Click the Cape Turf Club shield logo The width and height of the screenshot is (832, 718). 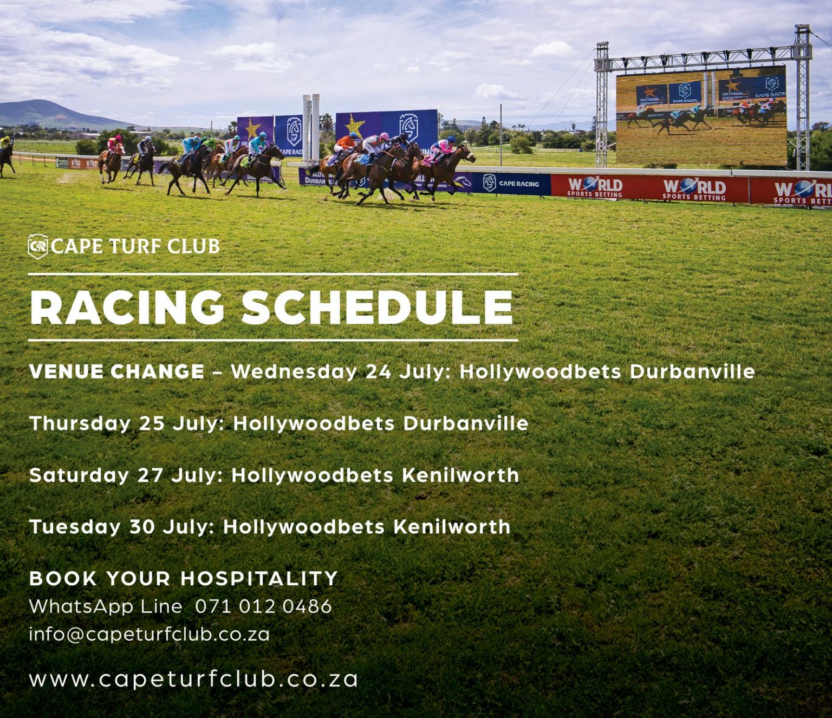pos(38,246)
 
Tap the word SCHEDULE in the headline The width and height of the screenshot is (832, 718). pos(377,308)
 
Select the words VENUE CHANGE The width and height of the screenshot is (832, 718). pos(117,371)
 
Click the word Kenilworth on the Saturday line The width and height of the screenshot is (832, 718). pos(460,476)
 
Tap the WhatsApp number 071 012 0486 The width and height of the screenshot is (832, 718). pos(263,606)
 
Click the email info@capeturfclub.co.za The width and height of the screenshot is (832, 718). pos(149,635)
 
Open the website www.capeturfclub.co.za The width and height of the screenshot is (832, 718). pos(193,680)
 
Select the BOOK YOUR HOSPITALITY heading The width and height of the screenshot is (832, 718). pos(184,579)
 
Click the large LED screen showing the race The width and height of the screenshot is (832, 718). pos(701,115)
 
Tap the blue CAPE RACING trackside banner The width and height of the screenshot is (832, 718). pos(511,184)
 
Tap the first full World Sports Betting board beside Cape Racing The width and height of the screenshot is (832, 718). pos(596,187)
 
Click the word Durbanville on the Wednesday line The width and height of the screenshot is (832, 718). pos(692,371)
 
